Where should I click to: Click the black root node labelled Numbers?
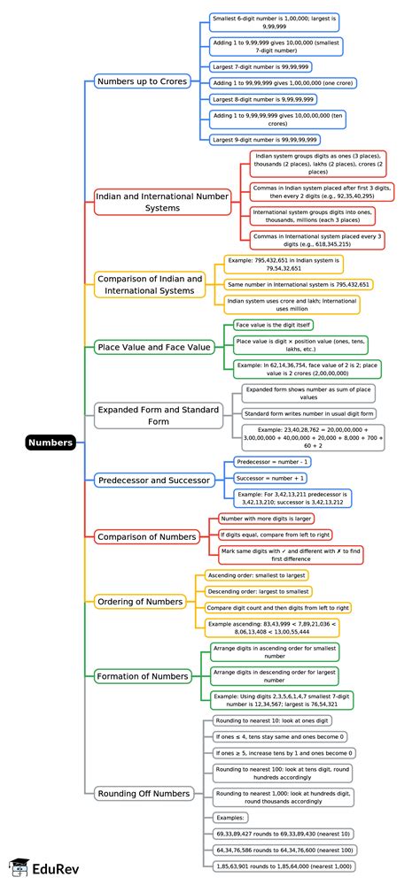50,442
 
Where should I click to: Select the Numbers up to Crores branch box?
146,81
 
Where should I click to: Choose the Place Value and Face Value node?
154,347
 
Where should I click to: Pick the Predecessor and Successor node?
154,481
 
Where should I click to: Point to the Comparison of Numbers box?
147,536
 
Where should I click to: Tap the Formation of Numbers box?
143,676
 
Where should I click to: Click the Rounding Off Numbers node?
143,794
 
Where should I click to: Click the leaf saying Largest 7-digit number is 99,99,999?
261,66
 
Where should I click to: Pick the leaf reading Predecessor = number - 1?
272,462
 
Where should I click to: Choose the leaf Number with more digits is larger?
266,518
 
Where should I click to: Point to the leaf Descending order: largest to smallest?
259,591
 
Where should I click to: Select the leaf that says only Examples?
231,818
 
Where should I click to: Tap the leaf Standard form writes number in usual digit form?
309,413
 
